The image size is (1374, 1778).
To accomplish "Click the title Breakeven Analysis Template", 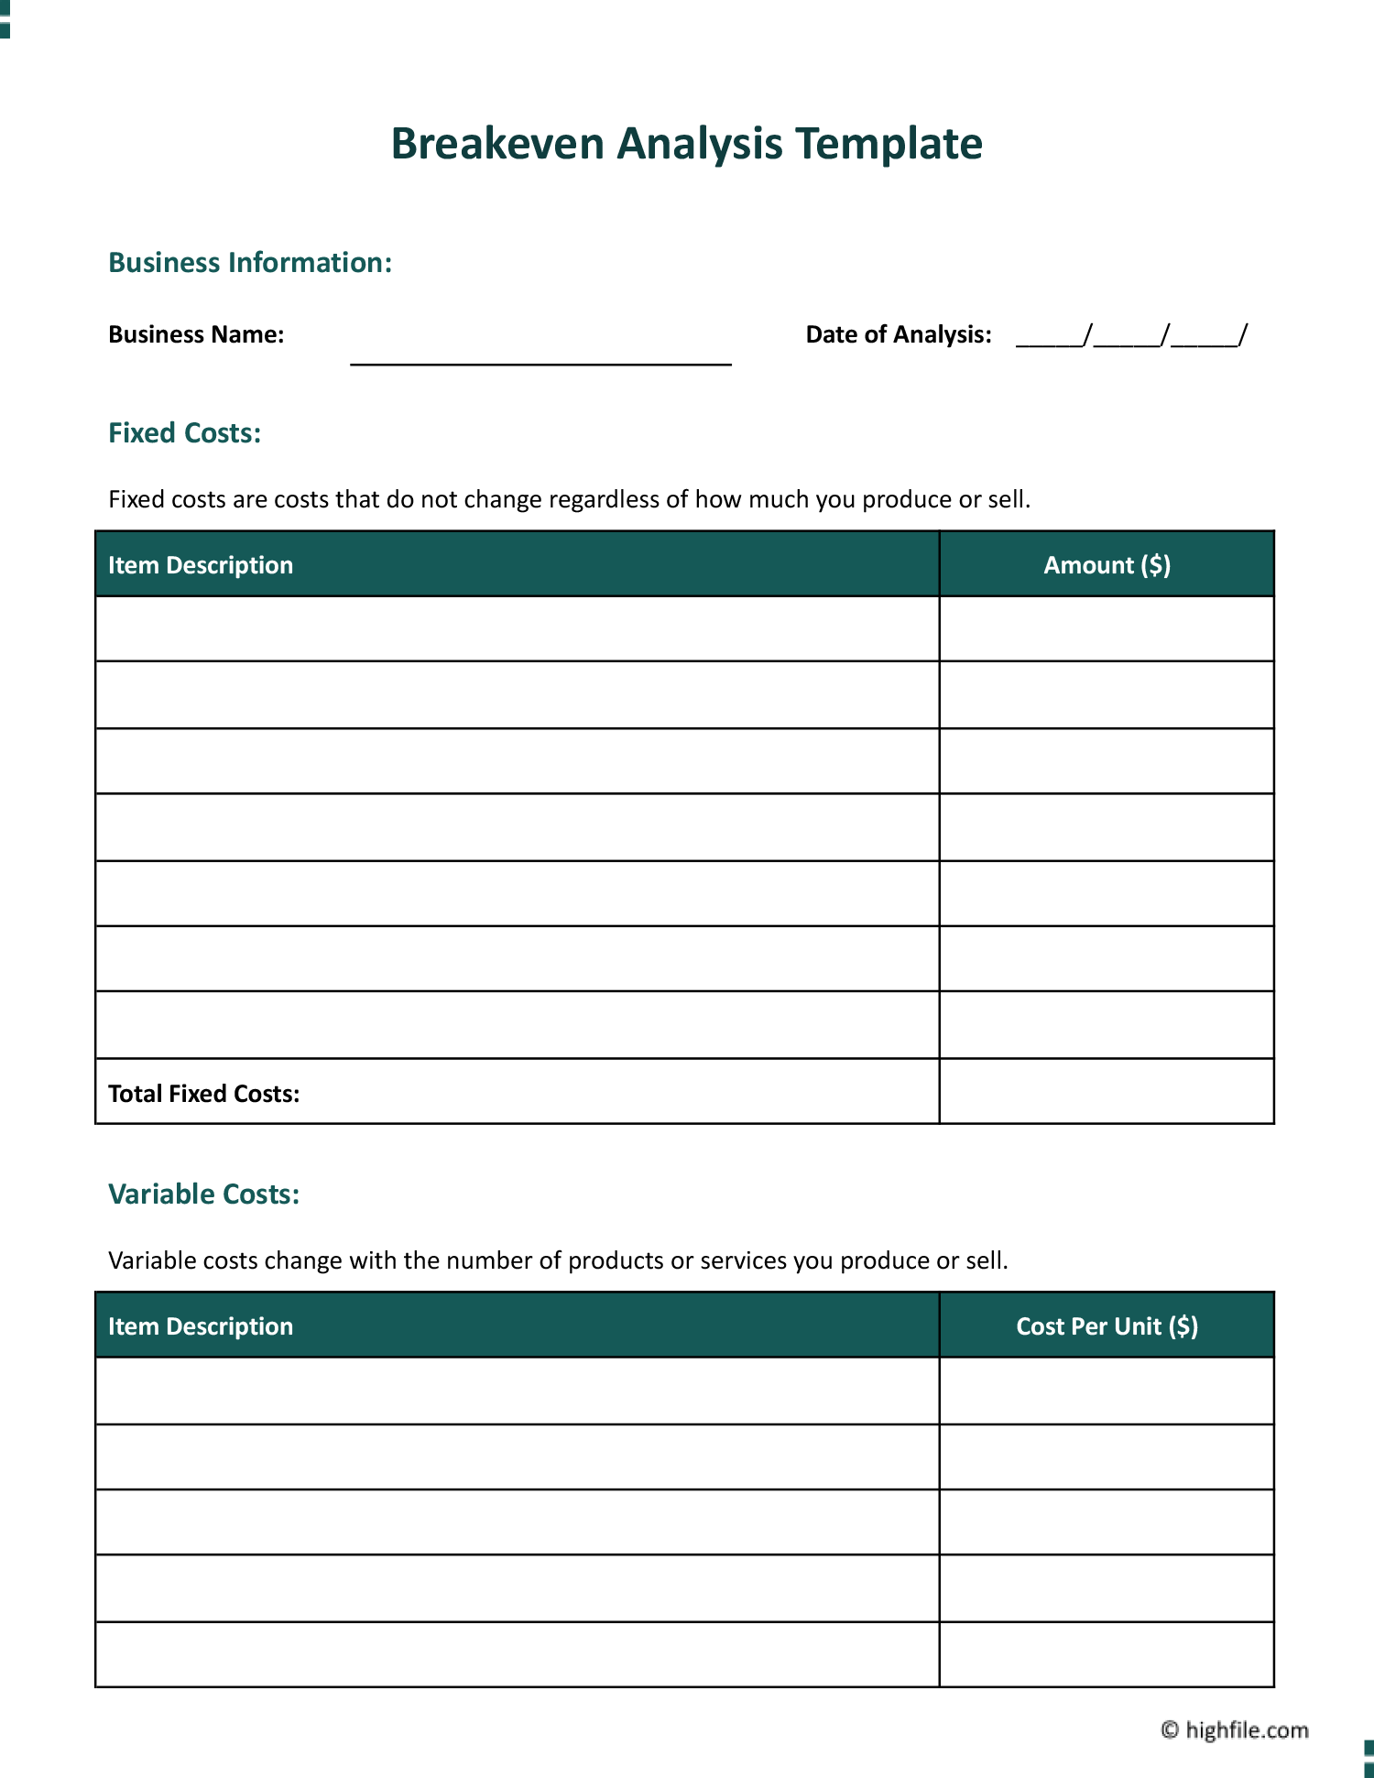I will tap(686, 144).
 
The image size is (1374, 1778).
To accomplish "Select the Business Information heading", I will tap(250, 263).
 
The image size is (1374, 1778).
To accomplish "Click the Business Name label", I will tap(196, 334).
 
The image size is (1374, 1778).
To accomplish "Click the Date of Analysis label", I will tap(898, 334).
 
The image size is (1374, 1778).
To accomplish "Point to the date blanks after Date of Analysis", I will tap(1131, 336).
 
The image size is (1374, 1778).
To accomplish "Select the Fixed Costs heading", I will tap(184, 433).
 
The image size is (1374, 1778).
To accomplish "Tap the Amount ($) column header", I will tap(1107, 565).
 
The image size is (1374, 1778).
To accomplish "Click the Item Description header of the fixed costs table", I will tap(201, 565).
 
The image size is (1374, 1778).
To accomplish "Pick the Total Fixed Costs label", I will tap(203, 1094).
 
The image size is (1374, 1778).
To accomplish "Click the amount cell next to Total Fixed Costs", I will tap(1107, 1092).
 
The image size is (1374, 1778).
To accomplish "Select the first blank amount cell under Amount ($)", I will tap(1107, 629).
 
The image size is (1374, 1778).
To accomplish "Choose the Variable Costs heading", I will tap(203, 1194).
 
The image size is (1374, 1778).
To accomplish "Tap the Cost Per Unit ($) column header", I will tap(1107, 1326).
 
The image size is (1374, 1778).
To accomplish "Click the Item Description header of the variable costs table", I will tap(201, 1326).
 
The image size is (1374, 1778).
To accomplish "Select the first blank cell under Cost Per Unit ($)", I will tap(1107, 1391).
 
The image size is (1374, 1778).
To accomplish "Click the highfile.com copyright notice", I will tap(1235, 1729).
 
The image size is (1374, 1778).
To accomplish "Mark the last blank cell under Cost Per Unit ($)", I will tap(1107, 1654).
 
